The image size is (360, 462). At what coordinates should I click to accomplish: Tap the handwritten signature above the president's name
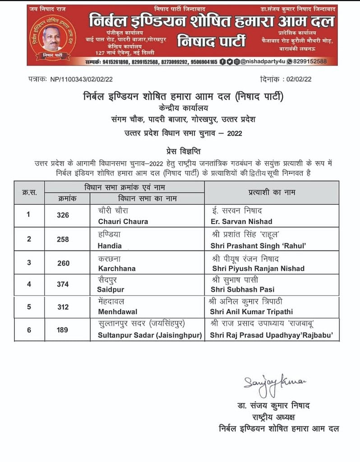[x=274, y=382]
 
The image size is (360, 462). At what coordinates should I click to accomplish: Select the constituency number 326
[x=63, y=215]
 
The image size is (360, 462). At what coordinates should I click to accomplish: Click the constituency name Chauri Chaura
[x=123, y=221]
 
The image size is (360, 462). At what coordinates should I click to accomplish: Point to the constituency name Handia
[x=110, y=245]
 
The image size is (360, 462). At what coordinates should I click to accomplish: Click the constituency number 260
[x=63, y=263]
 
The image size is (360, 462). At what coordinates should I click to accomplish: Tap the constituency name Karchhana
[x=116, y=268]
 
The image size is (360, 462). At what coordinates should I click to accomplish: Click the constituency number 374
[x=63, y=284]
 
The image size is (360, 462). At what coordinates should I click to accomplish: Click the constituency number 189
[x=63, y=330]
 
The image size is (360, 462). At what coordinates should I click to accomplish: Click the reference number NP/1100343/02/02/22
[x=82, y=79]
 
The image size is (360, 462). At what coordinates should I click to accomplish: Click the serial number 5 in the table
[x=29, y=307]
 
